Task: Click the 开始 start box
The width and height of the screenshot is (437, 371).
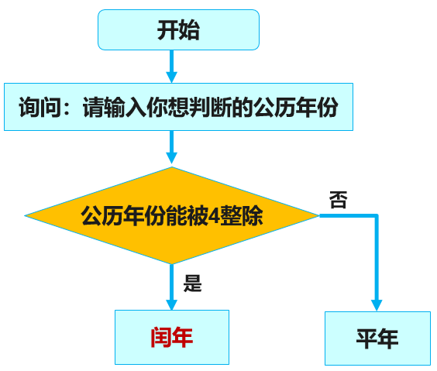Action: coord(178,31)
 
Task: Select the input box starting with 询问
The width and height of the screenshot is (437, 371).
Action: coord(178,107)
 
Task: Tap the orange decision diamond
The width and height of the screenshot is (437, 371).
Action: coord(171,215)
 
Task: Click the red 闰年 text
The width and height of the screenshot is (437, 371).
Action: coord(171,337)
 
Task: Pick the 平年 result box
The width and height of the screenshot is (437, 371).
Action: coord(377,338)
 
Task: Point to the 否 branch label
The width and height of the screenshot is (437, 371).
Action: coord(338,201)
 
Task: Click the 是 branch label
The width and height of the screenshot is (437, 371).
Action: coord(192,283)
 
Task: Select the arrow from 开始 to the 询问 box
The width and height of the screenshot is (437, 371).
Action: coord(172,67)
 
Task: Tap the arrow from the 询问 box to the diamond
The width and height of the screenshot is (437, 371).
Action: coord(172,147)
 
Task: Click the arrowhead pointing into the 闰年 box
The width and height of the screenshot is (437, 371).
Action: coord(172,303)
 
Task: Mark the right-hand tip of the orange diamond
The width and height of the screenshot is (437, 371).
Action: coord(318,215)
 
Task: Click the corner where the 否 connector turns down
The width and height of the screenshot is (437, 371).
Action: coord(377,216)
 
